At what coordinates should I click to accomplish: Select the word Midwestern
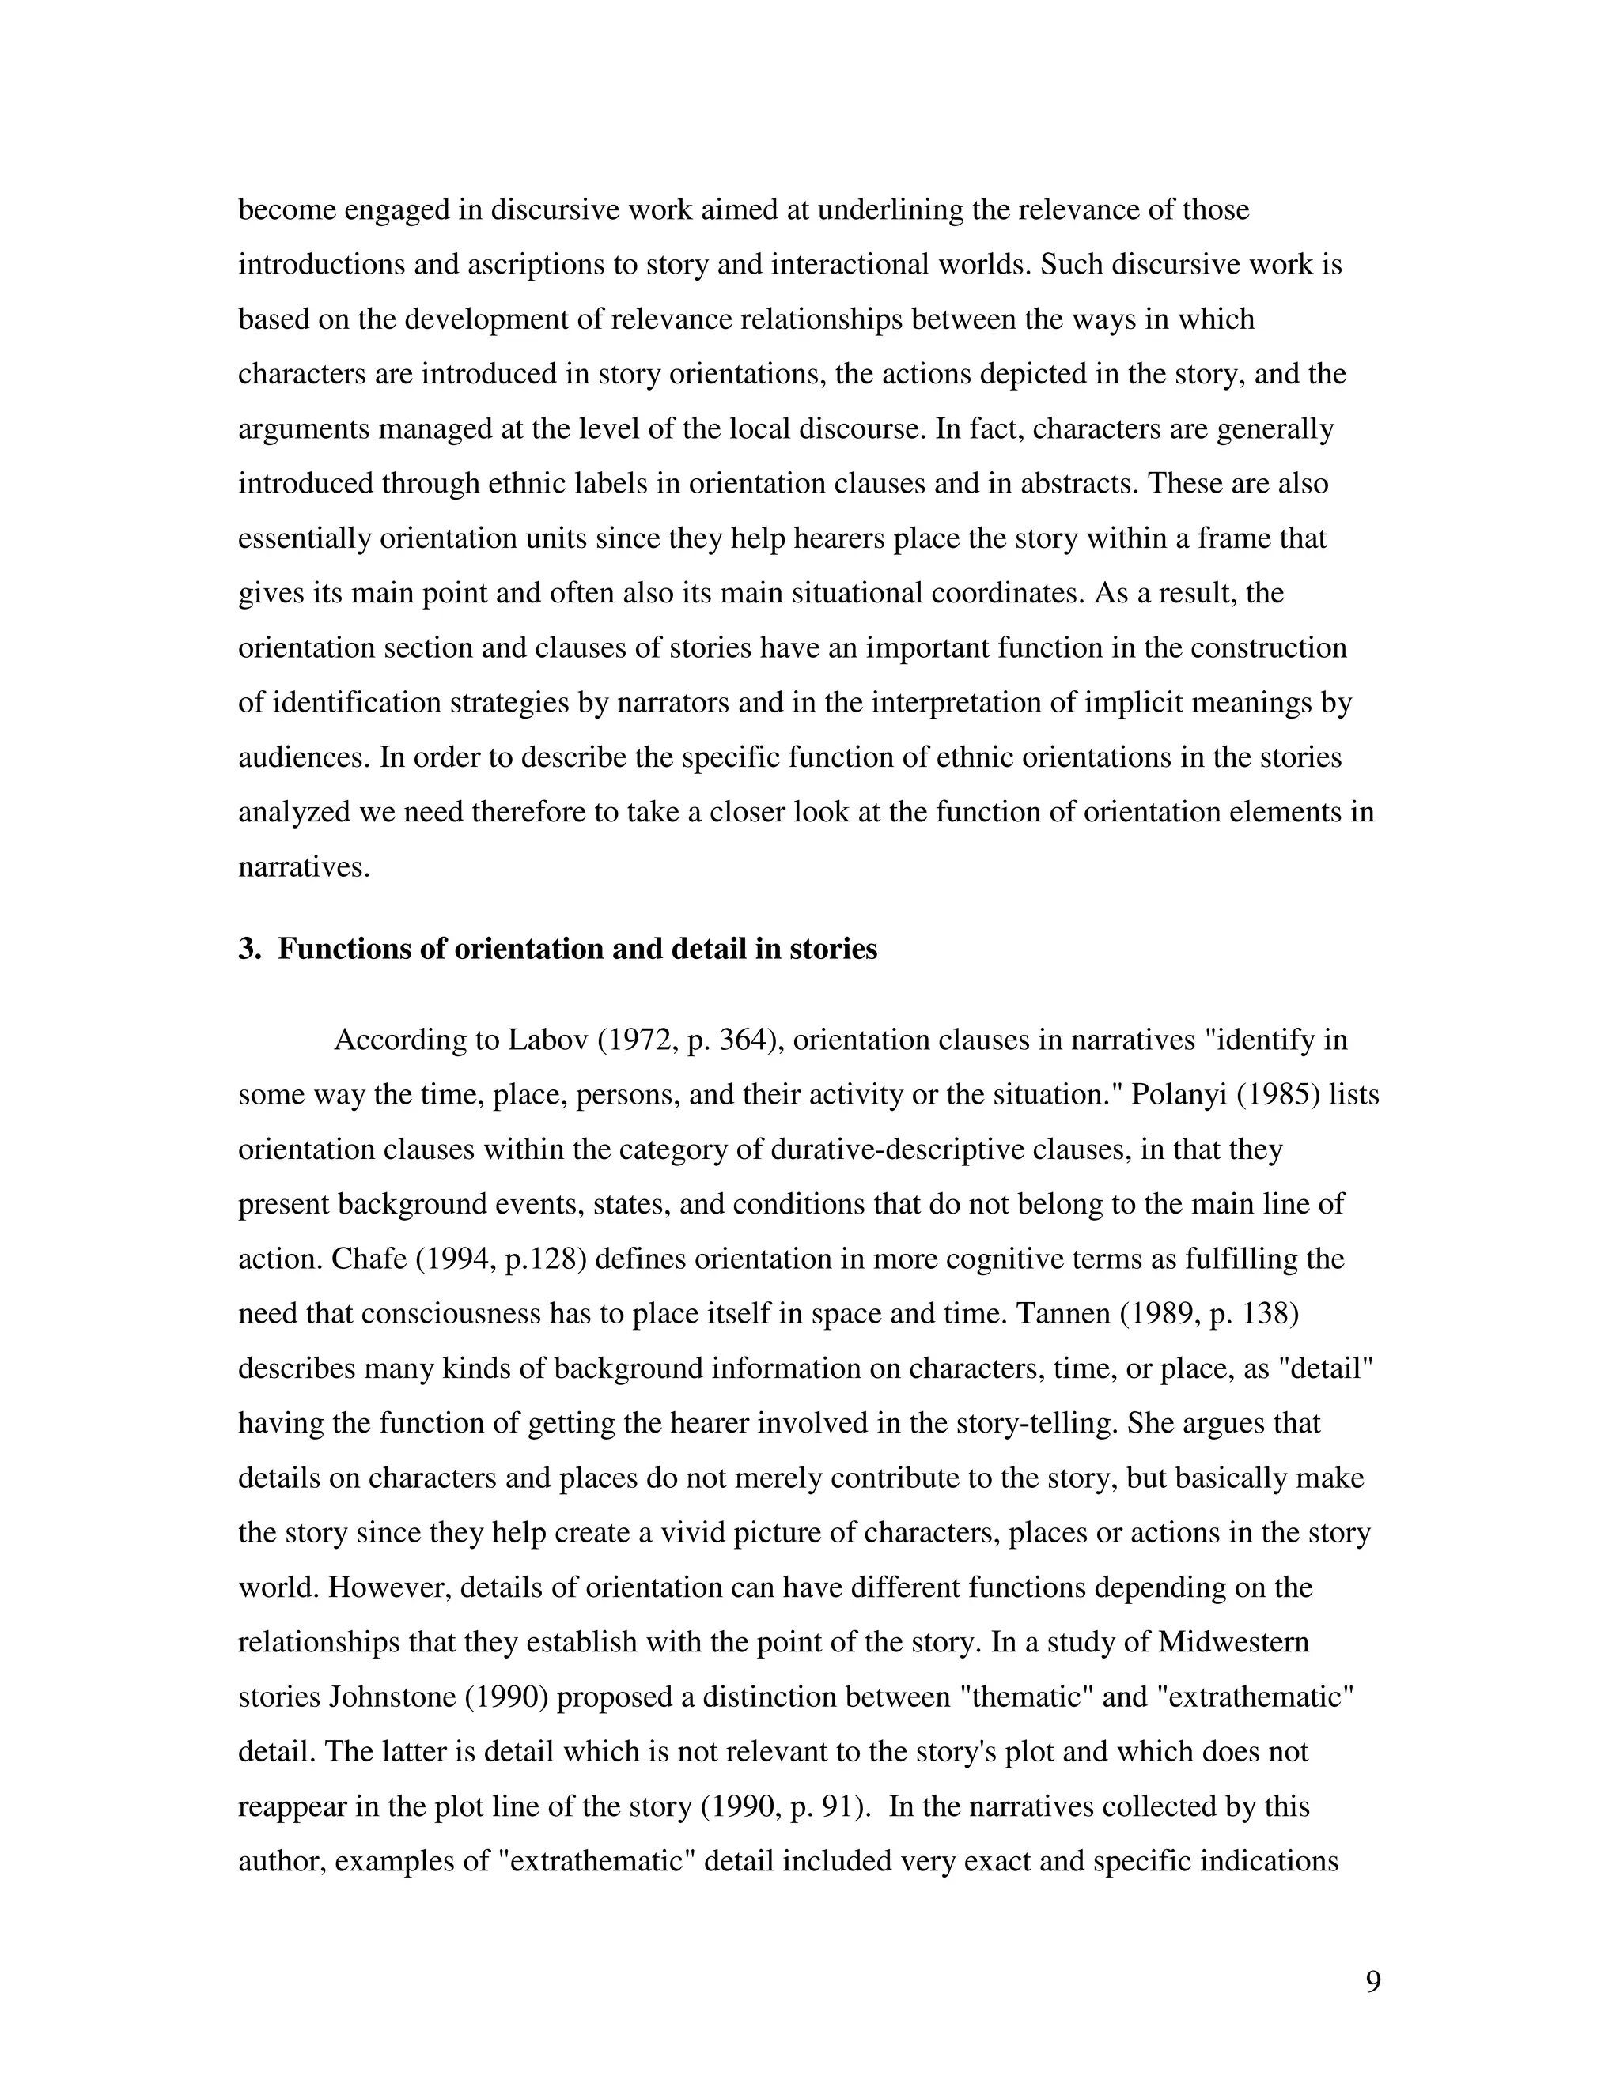pyautogui.click(x=1233, y=1642)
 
